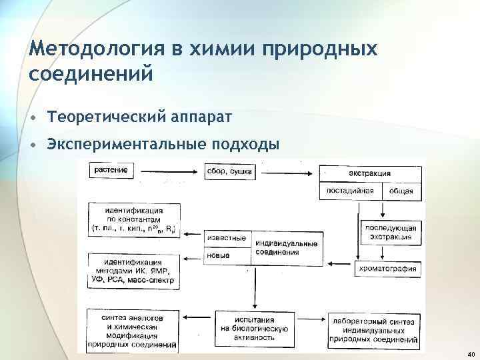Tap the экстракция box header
[x=370, y=173]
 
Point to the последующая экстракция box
[x=391, y=232]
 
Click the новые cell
[x=219, y=256]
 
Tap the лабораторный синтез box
[x=373, y=330]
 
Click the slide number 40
[x=471, y=354]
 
